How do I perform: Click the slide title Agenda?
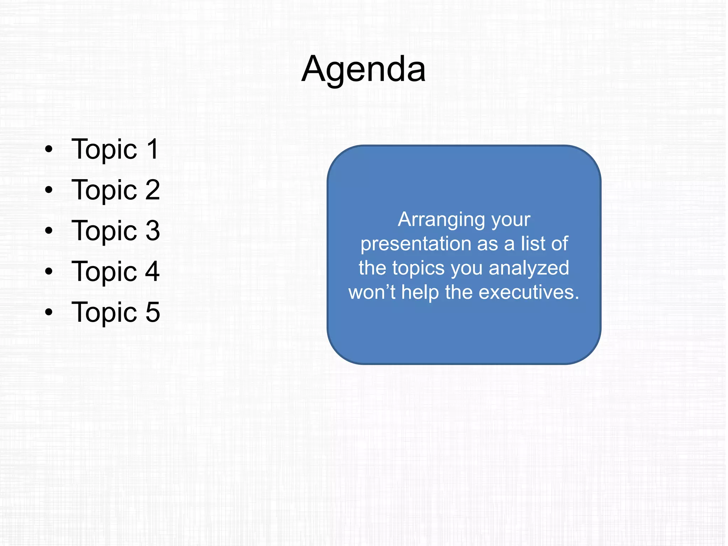tap(363, 69)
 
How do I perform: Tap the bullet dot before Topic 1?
tap(49, 149)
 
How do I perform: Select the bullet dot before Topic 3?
tap(49, 231)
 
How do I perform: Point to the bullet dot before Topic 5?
tap(49, 312)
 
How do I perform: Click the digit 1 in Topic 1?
tap(153, 149)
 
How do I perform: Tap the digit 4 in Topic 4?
tap(152, 271)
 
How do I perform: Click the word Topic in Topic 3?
tap(104, 231)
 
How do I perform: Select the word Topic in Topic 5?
tap(104, 313)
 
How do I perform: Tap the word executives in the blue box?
tap(529, 293)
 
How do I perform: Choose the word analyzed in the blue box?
tap(529, 268)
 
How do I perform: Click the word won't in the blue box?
tap(372, 293)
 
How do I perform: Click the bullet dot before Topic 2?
tap(49, 190)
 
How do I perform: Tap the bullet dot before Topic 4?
tap(49, 271)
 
